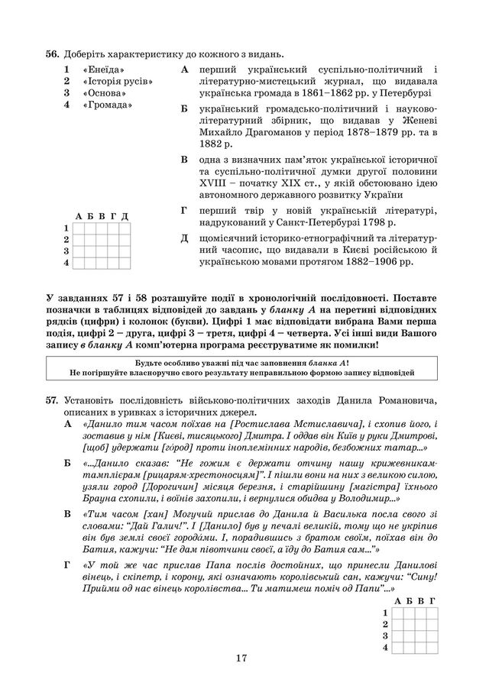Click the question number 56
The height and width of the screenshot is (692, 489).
tap(52, 53)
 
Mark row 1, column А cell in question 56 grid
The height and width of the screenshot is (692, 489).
tap(79, 228)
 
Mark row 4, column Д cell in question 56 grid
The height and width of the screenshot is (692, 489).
tap(124, 263)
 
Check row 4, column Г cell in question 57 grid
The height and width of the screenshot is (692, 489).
tap(432, 648)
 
